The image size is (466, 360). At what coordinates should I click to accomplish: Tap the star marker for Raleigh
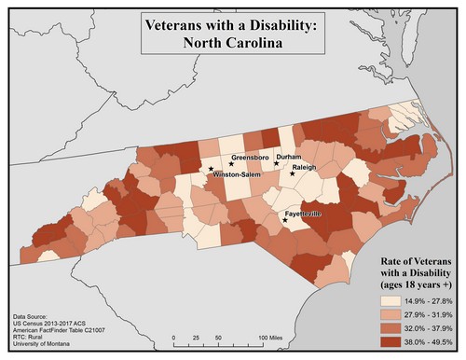tap(293, 173)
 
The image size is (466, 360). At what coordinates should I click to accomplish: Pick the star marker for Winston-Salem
tap(210, 168)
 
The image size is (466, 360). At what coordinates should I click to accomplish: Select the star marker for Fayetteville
tap(286, 222)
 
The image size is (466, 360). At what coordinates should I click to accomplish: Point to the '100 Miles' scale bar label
tap(275, 337)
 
